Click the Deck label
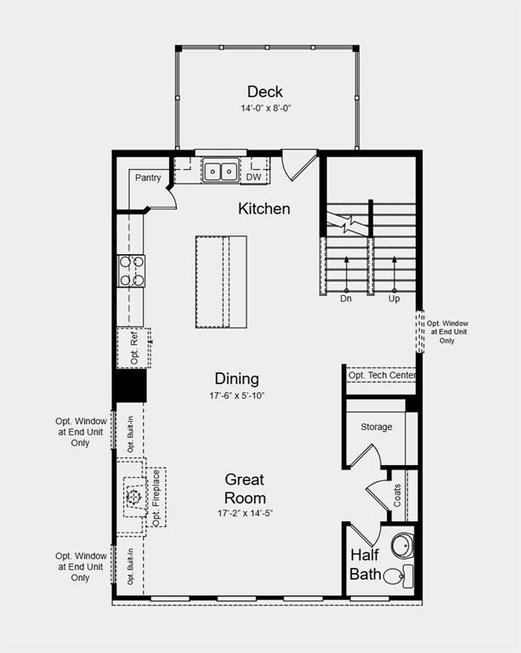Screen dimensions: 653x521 point(265,92)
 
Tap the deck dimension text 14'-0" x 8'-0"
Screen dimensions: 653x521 point(265,109)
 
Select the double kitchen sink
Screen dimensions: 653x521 point(220,171)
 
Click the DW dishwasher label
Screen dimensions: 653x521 point(254,177)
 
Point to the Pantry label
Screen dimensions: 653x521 point(147,178)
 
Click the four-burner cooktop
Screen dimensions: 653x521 point(131,271)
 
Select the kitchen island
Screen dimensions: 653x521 point(221,281)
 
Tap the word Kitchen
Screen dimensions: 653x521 point(263,208)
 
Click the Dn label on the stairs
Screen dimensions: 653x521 point(346,298)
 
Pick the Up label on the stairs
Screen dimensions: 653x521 point(394,298)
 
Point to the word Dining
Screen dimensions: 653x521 point(236,379)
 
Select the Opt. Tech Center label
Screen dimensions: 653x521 point(382,375)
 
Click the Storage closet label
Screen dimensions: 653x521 point(376,427)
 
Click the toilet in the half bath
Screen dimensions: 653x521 point(394,576)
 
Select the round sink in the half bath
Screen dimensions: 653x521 point(402,545)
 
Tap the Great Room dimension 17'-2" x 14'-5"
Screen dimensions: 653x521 point(245,514)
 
